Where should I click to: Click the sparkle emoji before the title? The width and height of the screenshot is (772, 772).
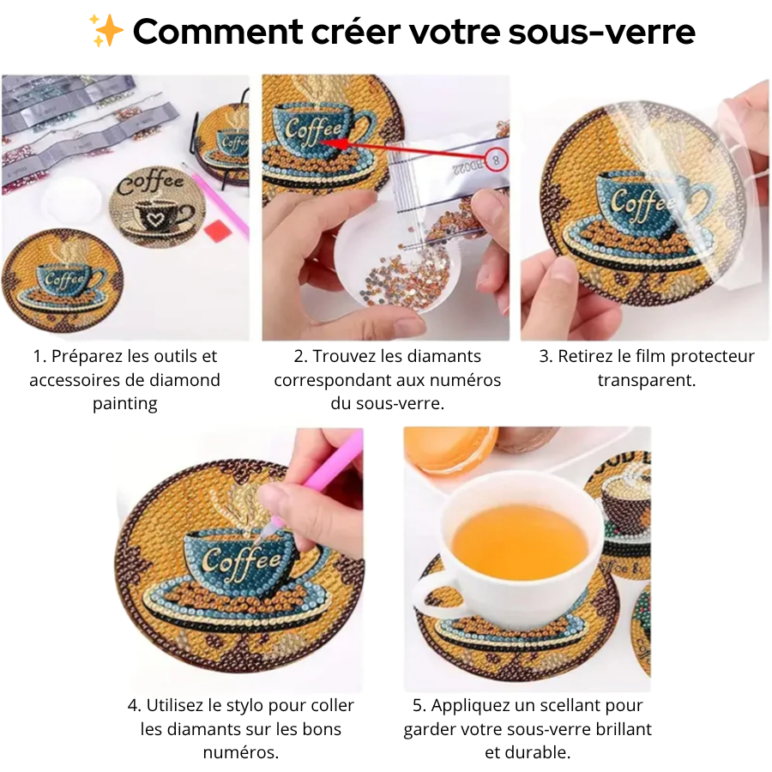pyautogui.click(x=107, y=32)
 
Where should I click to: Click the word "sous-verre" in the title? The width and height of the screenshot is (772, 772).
pyautogui.click(x=600, y=33)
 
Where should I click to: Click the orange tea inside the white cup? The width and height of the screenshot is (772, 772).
pyautogui.click(x=520, y=540)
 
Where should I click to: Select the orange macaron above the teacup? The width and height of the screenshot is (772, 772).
pyautogui.click(x=450, y=448)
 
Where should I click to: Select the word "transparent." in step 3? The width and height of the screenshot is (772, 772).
pyautogui.click(x=646, y=380)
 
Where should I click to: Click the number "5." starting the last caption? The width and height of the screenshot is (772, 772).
pyautogui.click(x=419, y=705)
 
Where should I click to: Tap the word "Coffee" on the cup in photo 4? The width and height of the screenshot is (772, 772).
pyautogui.click(x=242, y=562)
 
